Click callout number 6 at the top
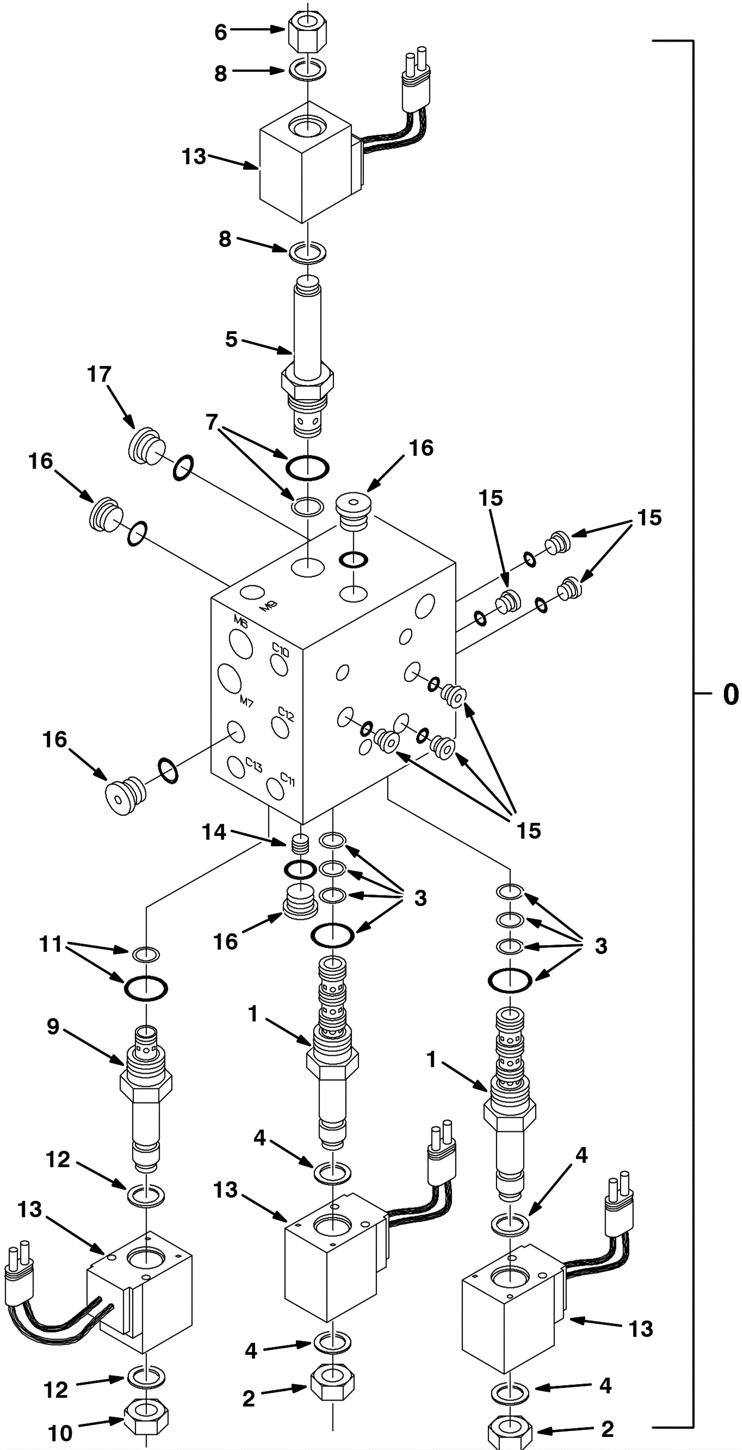[221, 32]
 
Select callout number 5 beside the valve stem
[231, 339]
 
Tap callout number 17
[99, 374]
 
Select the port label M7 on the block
[247, 702]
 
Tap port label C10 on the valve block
[281, 650]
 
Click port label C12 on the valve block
[286, 715]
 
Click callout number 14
[214, 832]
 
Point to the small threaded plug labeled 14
[301, 844]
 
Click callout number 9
[53, 1026]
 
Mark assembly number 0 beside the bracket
[730, 695]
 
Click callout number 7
[211, 422]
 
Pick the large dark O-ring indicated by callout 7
[307, 467]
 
